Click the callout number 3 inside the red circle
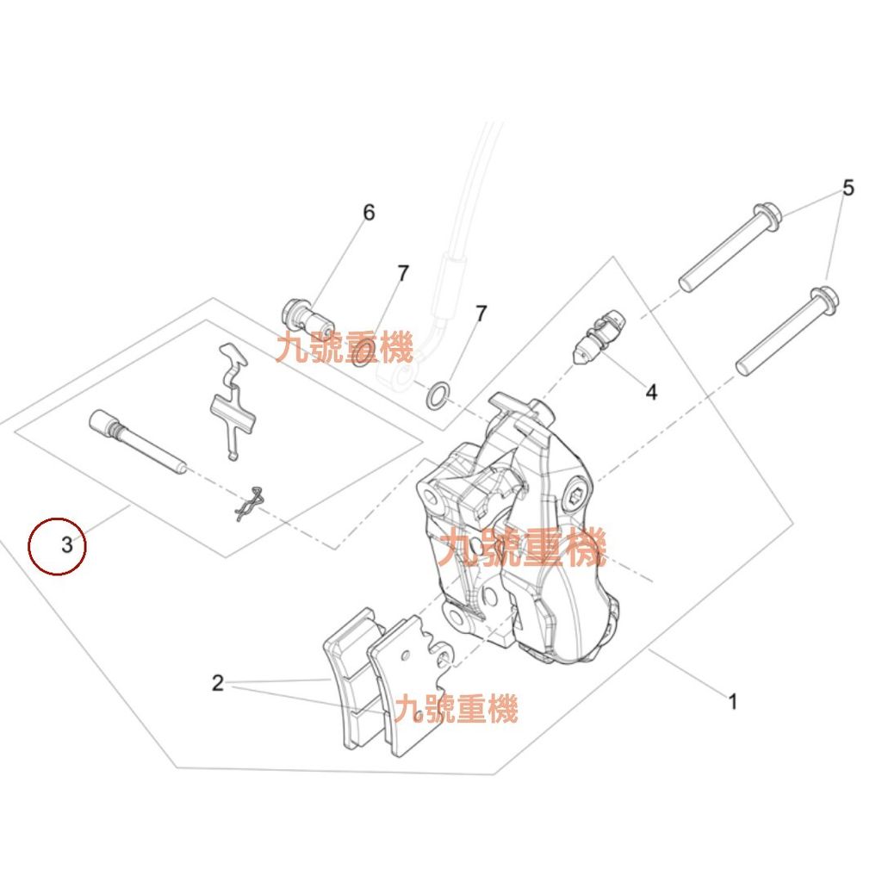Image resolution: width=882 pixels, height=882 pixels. coord(66,544)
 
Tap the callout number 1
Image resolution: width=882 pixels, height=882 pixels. coord(733,702)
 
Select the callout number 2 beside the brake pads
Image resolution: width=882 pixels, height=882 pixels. coord(218,684)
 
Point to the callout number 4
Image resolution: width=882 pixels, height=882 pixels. coord(651,393)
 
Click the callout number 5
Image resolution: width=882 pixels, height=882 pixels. coord(848,188)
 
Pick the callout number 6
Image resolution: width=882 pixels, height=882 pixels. coord(369,212)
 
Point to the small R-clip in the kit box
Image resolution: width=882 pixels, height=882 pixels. coord(247,503)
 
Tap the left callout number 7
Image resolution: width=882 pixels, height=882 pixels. coord(402,274)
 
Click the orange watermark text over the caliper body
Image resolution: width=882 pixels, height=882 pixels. coord(522,549)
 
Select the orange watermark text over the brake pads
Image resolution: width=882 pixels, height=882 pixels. coord(457,710)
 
